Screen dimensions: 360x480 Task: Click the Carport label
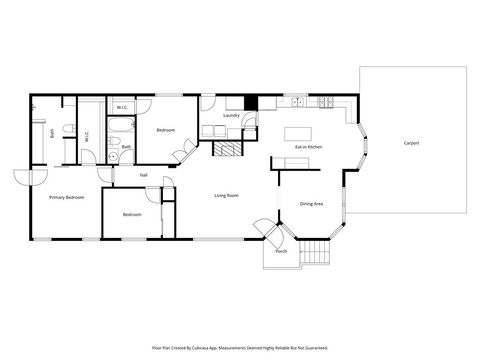[411, 143]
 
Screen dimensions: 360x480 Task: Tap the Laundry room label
[231, 115]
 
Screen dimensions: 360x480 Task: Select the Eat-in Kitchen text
[308, 147]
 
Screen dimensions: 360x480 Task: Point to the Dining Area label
[311, 204]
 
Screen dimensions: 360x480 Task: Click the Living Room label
[226, 195]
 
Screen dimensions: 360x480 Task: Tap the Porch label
[281, 251]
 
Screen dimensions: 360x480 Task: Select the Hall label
[144, 175]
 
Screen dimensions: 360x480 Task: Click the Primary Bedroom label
[67, 197]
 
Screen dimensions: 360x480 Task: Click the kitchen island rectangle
[298, 132]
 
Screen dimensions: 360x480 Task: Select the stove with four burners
[326, 101]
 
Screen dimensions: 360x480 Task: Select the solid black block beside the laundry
[251, 101]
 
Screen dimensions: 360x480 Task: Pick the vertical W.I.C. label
[87, 138]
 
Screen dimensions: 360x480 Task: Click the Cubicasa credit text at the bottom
[240, 347]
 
